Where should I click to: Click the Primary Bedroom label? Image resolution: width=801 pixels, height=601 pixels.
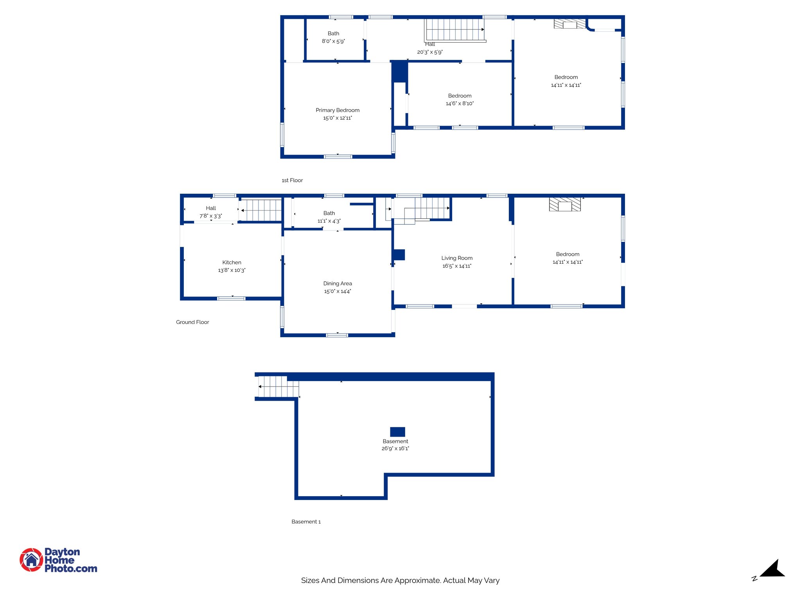pos(338,110)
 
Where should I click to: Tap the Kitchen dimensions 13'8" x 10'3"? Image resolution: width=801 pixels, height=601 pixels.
pos(232,270)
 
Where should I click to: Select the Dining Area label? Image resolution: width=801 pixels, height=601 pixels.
pos(338,284)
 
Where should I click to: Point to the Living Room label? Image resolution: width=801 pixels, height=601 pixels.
pos(457,258)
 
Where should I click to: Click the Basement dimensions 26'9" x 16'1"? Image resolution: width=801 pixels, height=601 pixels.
pos(395,449)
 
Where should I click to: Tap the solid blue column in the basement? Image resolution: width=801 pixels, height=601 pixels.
pos(397,432)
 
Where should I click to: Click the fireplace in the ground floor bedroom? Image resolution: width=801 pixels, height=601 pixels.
pos(565,205)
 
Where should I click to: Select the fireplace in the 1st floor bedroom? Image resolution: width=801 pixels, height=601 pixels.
pos(569,24)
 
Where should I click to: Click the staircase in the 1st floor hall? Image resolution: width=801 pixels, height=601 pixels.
pos(455,29)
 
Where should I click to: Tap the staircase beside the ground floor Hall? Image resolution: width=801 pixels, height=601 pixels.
pos(261,211)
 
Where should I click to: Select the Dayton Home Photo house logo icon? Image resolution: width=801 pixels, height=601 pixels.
pos(31,560)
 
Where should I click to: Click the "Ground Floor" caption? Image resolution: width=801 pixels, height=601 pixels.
pos(192,322)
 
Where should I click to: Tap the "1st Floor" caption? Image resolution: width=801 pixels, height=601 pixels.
pos(292,180)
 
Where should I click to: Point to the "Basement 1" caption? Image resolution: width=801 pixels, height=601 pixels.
pos(306,522)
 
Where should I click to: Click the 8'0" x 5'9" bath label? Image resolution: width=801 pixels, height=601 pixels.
pos(333,38)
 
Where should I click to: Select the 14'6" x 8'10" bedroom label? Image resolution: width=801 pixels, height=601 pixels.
pos(460,100)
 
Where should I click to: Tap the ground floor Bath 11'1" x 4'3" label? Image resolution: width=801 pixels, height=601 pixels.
pos(329,217)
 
